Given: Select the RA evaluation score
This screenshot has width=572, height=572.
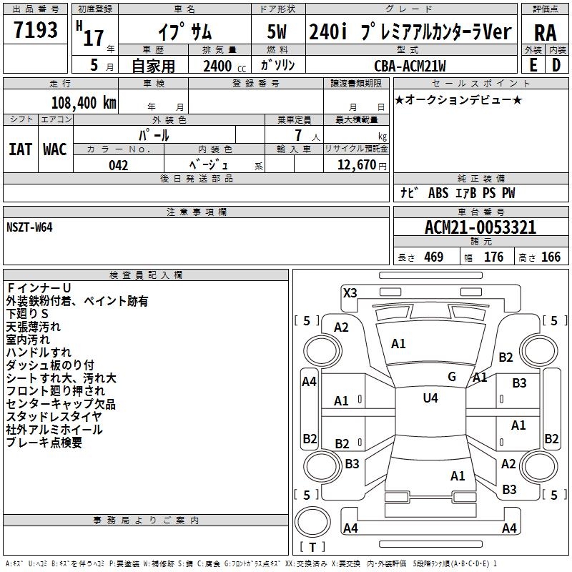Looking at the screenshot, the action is click(545, 32).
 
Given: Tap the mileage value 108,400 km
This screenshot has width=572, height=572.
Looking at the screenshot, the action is click(83, 102).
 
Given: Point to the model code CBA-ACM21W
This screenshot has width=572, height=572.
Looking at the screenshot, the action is click(410, 66).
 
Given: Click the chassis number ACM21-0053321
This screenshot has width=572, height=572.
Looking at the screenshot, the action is click(480, 227).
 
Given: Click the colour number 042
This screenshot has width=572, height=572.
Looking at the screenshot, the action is click(118, 165).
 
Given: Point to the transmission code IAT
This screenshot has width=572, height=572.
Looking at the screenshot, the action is click(21, 149).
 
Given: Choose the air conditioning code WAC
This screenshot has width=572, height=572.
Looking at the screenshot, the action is click(54, 149).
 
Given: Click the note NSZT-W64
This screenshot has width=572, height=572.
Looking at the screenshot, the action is click(29, 227).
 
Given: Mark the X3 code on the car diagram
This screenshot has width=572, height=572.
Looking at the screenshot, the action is click(350, 292).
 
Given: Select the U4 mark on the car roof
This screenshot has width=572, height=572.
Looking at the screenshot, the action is click(430, 398).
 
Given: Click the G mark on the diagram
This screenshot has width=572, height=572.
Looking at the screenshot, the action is click(451, 377).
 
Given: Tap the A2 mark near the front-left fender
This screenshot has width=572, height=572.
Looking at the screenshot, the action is click(341, 327).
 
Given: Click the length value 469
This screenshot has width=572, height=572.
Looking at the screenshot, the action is click(433, 257).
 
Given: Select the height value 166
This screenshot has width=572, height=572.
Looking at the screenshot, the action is click(551, 257).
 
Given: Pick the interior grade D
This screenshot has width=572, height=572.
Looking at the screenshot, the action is click(556, 65).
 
